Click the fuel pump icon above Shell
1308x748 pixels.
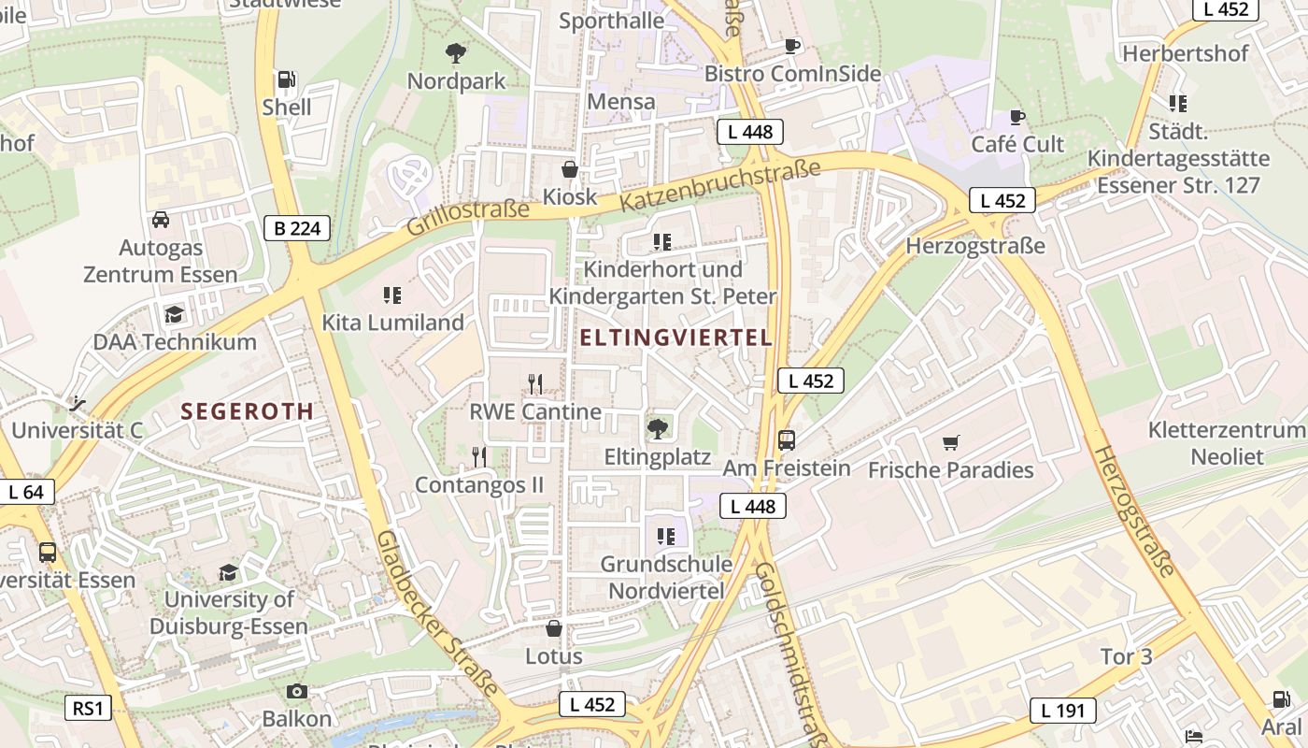[x=287, y=80]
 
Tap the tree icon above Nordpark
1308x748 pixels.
[x=456, y=53]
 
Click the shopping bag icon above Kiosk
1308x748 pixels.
[x=569, y=170]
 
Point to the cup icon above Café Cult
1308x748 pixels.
[x=1017, y=117]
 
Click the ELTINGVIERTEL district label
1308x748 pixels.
[x=676, y=338]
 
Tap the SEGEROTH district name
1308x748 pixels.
[x=248, y=410]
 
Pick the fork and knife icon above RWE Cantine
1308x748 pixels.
[x=535, y=384]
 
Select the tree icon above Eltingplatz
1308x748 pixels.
[x=658, y=429]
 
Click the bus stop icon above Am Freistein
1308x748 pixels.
[x=787, y=440]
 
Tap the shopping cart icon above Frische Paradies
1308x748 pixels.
[x=951, y=442]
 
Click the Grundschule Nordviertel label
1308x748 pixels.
[x=666, y=577]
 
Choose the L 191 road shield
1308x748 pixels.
[x=1063, y=711]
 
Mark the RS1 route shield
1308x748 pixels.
[x=89, y=708]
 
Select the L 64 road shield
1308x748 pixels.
[x=27, y=492]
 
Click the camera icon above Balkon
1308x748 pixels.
[x=297, y=691]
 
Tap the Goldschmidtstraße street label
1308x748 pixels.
[x=790, y=654]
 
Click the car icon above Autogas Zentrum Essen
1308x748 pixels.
[x=161, y=221]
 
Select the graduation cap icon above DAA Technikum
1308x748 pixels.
[x=174, y=314]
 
